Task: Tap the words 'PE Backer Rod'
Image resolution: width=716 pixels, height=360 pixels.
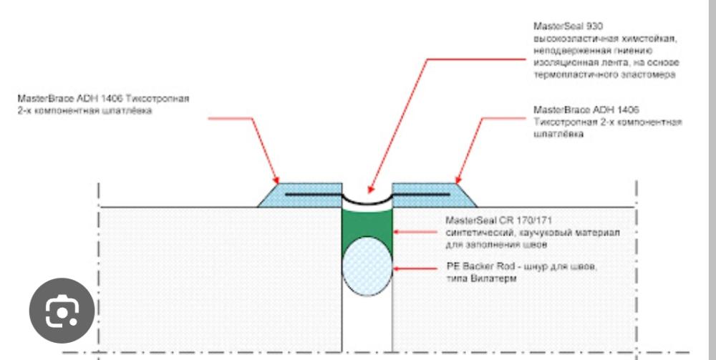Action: pyautogui.click(x=473, y=267)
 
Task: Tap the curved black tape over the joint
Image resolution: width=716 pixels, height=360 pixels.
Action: pyautogui.click(x=367, y=203)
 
